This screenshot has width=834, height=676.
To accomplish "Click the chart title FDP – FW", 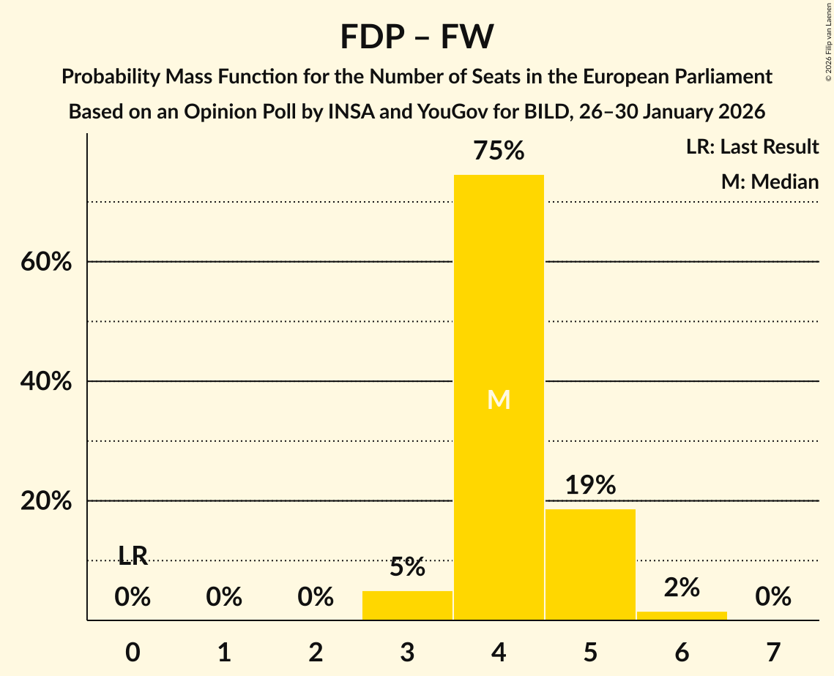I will pyautogui.click(x=417, y=37).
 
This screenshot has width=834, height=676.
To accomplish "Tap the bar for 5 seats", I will pyautogui.click(x=590, y=564).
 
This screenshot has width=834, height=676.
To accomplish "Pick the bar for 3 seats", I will pyautogui.click(x=407, y=605).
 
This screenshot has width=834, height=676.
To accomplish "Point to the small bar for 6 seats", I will pyautogui.click(x=682, y=615).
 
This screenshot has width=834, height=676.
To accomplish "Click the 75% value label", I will pyautogui.click(x=499, y=151).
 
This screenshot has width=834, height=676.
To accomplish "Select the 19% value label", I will pyautogui.click(x=590, y=485).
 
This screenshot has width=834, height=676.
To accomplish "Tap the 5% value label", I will pyautogui.click(x=407, y=567).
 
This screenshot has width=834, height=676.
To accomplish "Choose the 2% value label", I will pyautogui.click(x=682, y=587).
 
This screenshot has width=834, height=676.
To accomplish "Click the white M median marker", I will pyautogui.click(x=499, y=399).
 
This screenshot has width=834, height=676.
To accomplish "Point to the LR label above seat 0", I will pyautogui.click(x=133, y=556).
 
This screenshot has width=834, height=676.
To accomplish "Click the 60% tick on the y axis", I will pyautogui.click(x=46, y=262).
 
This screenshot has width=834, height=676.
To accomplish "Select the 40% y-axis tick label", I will pyautogui.click(x=46, y=381).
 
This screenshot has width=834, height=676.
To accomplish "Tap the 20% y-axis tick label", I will pyautogui.click(x=46, y=501).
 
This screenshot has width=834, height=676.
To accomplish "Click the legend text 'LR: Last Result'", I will pyautogui.click(x=752, y=147).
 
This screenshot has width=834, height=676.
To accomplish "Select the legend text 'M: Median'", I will pyautogui.click(x=770, y=181).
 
